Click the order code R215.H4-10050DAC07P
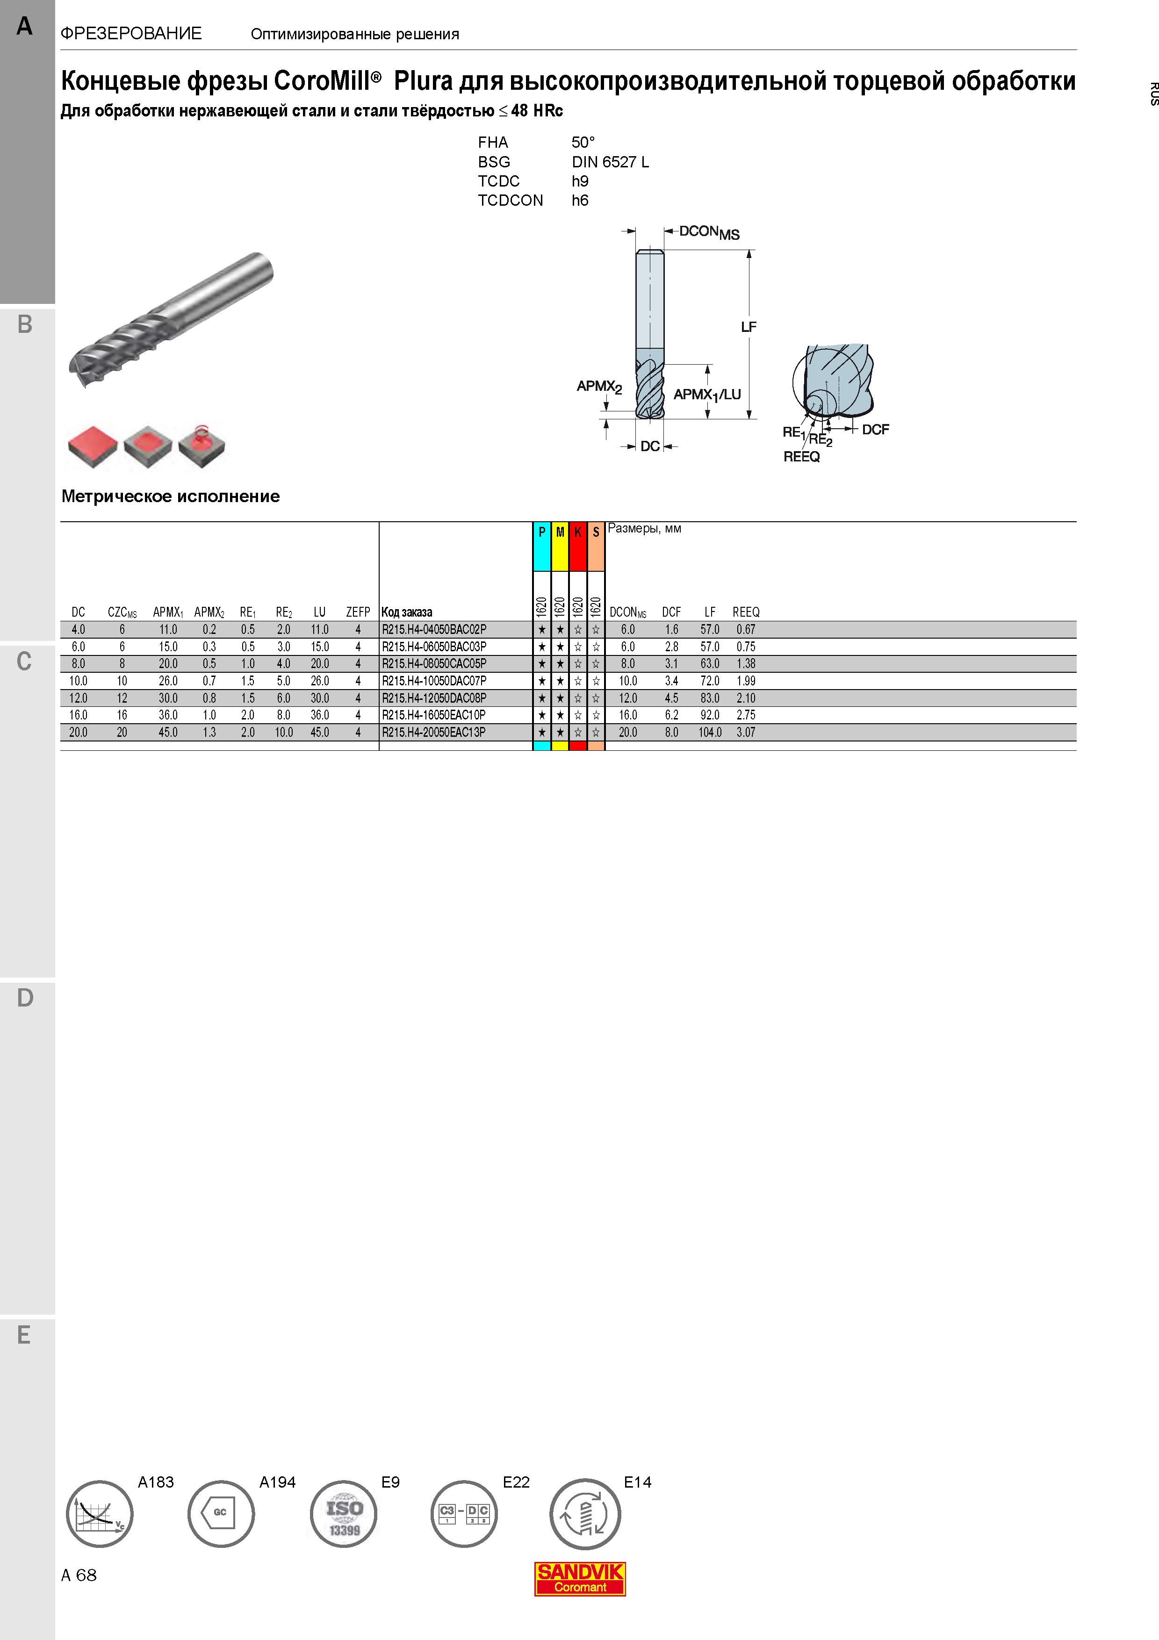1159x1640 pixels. [433, 681]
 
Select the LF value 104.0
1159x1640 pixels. [710, 732]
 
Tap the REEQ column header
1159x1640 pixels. [746, 612]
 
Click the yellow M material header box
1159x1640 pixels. [560, 547]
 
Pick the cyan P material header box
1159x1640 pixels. [542, 547]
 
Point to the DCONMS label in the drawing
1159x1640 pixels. [709, 232]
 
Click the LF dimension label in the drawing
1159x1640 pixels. [749, 327]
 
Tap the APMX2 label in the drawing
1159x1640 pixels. [599, 387]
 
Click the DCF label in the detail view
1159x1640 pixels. [876, 429]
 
